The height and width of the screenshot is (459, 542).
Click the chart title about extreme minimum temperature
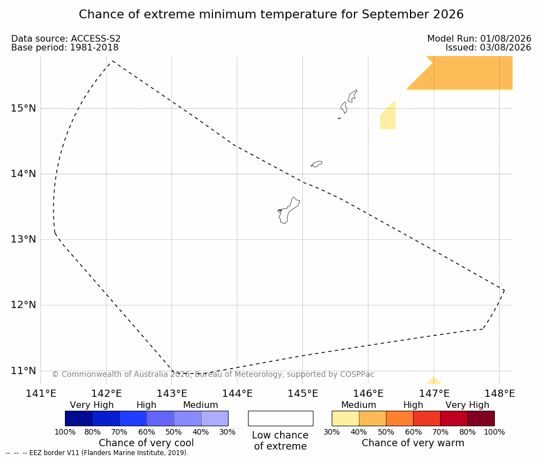tap(271, 14)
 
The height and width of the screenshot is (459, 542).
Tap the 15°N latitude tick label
tap(23, 108)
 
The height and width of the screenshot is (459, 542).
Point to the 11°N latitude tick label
tap(23, 371)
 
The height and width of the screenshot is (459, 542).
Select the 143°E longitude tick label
tap(172, 394)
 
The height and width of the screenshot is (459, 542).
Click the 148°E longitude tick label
tap(499, 394)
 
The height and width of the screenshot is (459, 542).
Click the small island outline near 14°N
tap(317, 164)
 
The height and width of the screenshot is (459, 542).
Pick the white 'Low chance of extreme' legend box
tap(281, 418)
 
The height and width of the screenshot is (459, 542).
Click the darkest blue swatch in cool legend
tap(79, 418)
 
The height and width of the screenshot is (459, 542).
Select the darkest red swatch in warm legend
tap(481, 418)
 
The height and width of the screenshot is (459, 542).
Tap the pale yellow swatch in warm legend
tap(346, 418)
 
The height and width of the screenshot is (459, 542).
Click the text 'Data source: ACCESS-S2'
tap(65, 39)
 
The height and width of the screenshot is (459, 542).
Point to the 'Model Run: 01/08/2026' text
tap(479, 39)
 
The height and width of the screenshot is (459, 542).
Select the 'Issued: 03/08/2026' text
tap(488, 47)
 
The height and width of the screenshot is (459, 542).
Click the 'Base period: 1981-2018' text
tap(65, 47)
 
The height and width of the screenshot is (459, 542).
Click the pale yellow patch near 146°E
tap(388, 118)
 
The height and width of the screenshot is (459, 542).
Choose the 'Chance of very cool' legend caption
tap(146, 443)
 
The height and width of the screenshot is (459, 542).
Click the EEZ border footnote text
tap(97, 453)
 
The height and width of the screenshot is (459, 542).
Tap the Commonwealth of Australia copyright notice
tap(213, 374)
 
